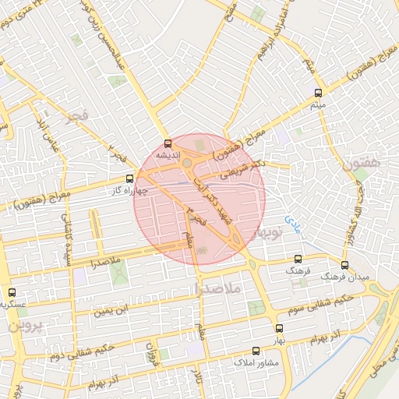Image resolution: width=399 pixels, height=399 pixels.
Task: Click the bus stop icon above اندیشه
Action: [168, 143]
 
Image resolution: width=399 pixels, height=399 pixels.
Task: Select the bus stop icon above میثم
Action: [317, 93]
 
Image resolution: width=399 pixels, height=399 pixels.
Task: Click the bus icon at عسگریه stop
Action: [11, 292]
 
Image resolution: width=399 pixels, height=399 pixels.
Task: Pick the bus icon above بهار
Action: [279, 329]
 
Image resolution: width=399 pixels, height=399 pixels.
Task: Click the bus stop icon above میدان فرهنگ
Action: [345, 266]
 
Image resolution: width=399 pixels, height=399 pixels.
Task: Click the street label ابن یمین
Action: [109, 312]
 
